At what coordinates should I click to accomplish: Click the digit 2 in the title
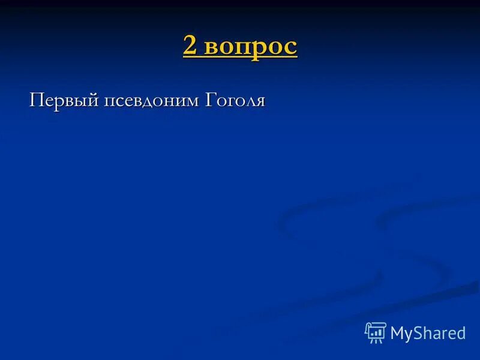pos(191,47)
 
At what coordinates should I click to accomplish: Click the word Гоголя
pos(236,100)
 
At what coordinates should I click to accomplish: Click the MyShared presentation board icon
pos(376,332)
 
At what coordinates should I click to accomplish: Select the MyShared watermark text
pos(428,334)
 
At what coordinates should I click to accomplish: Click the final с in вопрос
pos(291,48)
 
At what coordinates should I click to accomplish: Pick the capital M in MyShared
pos(397,334)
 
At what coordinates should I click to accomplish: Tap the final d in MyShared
pos(460,334)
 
